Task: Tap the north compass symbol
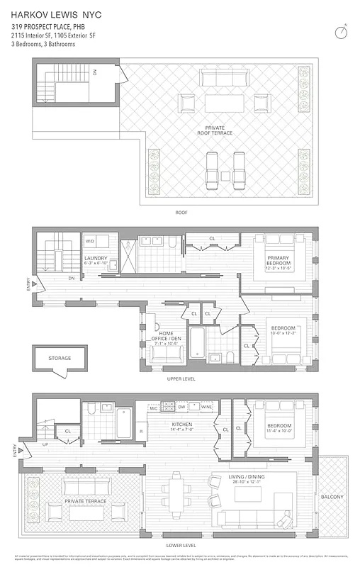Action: [342, 32]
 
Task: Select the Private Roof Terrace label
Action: [215, 130]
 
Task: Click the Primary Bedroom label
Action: [279, 262]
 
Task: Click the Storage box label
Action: [60, 358]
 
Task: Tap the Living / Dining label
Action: [253, 478]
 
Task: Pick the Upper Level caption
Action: [181, 378]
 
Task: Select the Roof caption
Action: [181, 212]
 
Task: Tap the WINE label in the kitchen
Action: [206, 408]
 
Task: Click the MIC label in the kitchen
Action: [153, 408]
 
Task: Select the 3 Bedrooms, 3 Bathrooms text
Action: [43, 44]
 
